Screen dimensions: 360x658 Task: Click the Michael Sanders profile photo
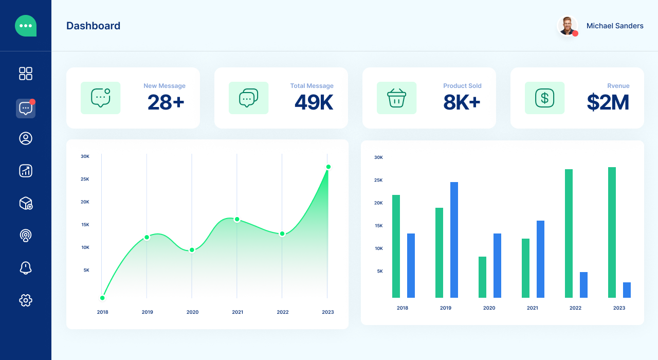click(567, 26)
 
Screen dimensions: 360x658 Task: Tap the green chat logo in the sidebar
click(26, 26)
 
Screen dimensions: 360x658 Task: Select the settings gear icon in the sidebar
click(26, 300)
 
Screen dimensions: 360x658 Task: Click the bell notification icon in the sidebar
click(26, 267)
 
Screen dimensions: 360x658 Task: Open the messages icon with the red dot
click(26, 109)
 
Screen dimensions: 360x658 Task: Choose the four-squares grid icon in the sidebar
click(26, 74)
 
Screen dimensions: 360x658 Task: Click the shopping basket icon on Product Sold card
click(396, 98)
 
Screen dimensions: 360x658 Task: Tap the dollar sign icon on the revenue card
click(544, 98)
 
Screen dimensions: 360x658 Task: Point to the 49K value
click(314, 102)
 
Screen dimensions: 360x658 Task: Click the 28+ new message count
click(166, 102)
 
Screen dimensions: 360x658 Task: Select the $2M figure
click(608, 102)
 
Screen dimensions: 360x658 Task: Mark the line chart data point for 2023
click(328, 167)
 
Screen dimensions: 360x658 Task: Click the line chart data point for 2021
click(237, 220)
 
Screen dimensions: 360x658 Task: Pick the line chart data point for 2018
click(102, 298)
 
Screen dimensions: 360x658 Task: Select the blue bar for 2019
click(454, 240)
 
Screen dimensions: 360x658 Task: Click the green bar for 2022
click(569, 233)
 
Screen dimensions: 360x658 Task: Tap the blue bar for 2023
click(627, 290)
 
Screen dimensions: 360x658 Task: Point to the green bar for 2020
click(482, 277)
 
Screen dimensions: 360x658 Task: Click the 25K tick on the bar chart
click(378, 180)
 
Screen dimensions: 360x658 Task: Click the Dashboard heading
click(93, 26)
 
